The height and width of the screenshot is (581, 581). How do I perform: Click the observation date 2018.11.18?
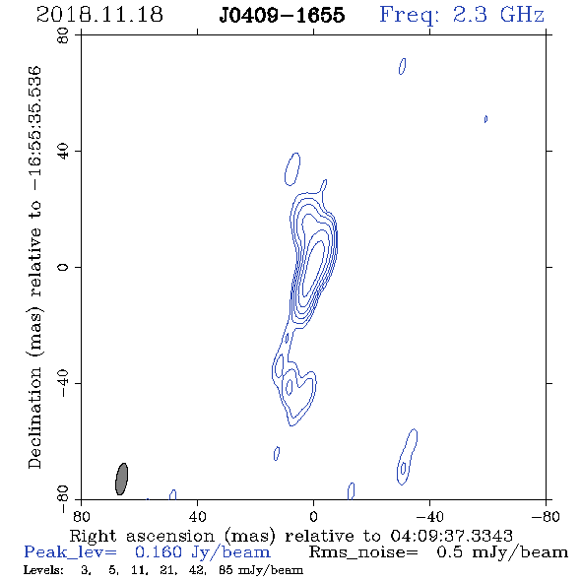click(x=99, y=15)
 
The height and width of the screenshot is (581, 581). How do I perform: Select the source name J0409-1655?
click(x=282, y=15)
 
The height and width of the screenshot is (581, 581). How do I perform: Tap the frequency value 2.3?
click(x=470, y=15)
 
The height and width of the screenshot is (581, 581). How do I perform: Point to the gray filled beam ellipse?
click(x=121, y=479)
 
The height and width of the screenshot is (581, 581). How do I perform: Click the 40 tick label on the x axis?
click(x=197, y=517)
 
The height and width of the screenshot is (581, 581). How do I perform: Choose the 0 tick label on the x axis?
click(x=313, y=517)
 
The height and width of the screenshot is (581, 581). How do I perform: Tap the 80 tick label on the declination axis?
click(x=63, y=35)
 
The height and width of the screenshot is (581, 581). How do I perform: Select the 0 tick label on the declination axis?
click(x=63, y=267)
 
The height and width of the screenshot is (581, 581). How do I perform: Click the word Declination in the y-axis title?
click(x=34, y=418)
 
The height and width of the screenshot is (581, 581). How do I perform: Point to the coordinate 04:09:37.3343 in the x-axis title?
click(x=452, y=536)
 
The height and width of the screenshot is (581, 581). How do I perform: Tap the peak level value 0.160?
click(x=159, y=552)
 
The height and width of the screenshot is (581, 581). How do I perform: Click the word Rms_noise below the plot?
click(x=363, y=552)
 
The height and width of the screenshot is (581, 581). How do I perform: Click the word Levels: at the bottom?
click(x=43, y=570)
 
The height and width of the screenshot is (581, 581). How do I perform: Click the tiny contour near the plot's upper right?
click(x=485, y=119)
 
